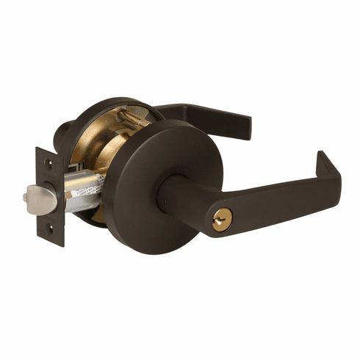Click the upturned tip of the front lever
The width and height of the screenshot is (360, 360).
tap(328, 163)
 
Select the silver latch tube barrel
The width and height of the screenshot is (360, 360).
tap(81, 192)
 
